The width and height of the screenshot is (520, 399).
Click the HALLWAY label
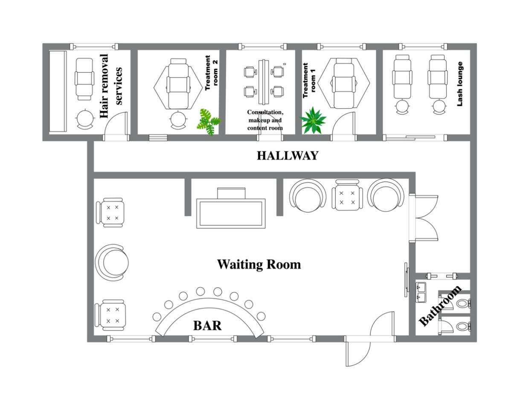287,156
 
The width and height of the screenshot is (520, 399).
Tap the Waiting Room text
259,265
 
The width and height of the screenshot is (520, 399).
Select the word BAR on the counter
207,326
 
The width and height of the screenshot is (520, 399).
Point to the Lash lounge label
459,84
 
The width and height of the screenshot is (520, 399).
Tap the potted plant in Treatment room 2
209,122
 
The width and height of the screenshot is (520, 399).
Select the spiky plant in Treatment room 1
313,121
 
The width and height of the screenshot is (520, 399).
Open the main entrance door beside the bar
357,352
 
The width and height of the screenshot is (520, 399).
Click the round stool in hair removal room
85,119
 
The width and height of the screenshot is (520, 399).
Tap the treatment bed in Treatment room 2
178,83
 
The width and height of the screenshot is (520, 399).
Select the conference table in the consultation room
264,82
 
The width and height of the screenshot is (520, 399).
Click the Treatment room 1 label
309,81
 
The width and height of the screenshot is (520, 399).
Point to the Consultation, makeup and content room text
264,120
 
